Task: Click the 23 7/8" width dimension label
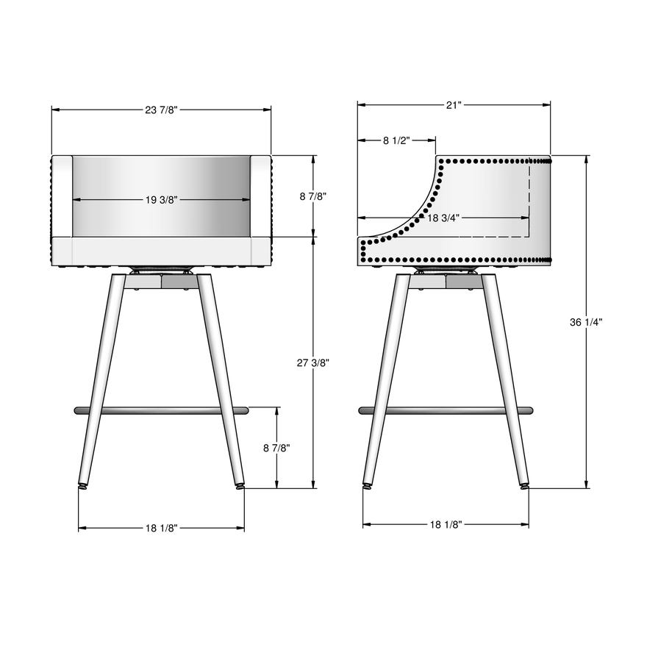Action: pos(161,110)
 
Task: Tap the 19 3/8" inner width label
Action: pos(161,200)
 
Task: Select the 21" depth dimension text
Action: pos(454,105)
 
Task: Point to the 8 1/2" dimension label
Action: pos(396,140)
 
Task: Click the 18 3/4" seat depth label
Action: pos(443,218)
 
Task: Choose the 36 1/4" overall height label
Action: pos(586,322)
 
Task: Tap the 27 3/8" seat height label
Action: pos(312,362)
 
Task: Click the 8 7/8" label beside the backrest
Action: pos(313,196)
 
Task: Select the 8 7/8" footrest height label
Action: pos(277,448)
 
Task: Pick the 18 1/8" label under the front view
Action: pos(161,528)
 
